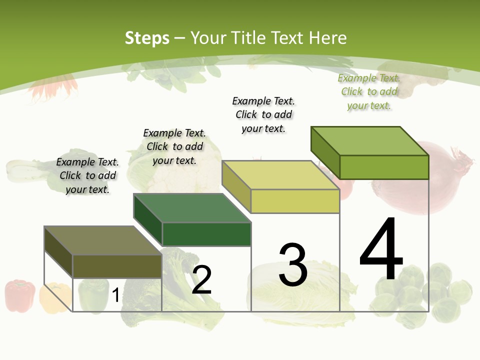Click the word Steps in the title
click(147, 38)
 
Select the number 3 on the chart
click(293, 265)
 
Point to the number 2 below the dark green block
click(201, 280)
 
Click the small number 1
click(115, 295)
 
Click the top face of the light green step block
click(370, 140)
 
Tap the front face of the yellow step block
click(295, 201)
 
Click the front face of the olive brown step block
click(117, 266)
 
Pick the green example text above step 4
click(369, 92)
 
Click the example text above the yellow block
click(263, 114)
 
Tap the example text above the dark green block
click(174, 146)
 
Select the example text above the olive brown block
click(87, 175)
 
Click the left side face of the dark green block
click(148, 219)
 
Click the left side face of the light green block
click(325, 152)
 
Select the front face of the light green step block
click(384, 167)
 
